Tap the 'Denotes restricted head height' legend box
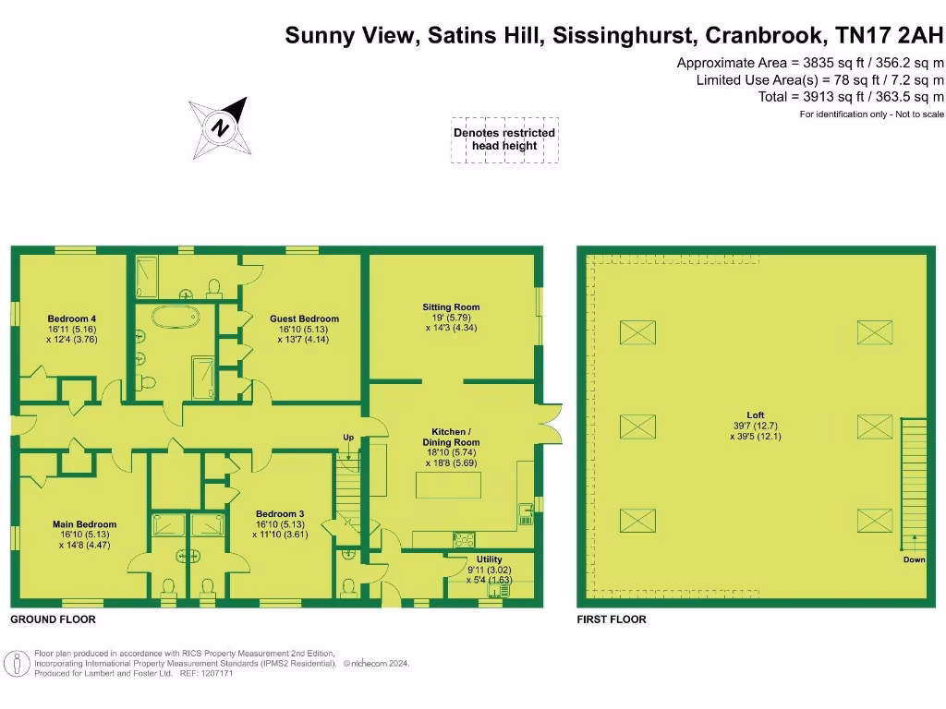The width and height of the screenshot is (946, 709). [x=504, y=139]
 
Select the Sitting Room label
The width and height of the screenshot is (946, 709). [x=451, y=317]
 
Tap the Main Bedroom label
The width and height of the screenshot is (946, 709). [x=84, y=534]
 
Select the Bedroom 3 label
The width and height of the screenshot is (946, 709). [x=281, y=523]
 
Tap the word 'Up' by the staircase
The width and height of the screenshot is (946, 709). [x=348, y=437]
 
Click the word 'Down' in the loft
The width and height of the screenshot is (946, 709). [x=914, y=560]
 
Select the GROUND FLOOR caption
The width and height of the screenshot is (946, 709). [x=53, y=619]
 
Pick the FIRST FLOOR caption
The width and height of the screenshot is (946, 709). [x=612, y=619]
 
